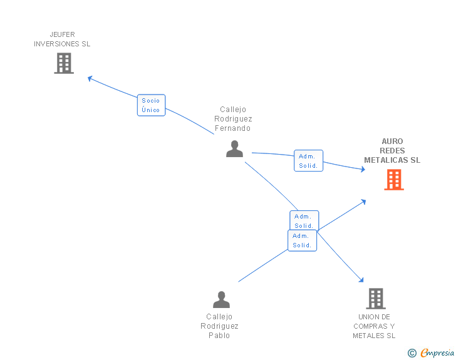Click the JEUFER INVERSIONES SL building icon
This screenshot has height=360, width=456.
coord(64,63)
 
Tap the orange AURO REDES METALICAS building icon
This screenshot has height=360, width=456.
coord(394,180)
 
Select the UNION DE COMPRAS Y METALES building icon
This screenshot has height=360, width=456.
coord(376,299)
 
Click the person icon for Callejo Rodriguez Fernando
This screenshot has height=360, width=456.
coord(234,149)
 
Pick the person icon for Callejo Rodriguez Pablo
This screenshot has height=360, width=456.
coord(221,299)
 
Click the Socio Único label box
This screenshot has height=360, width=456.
coord(151,105)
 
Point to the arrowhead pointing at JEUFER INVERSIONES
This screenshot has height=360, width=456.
coord(90,78)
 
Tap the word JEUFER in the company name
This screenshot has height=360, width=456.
coord(62,34)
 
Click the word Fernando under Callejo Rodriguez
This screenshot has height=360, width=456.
coord(232,128)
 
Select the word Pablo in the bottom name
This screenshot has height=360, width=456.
coord(219,336)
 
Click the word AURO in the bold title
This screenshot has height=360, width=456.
coord(392,141)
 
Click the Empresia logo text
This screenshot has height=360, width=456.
coord(437,353)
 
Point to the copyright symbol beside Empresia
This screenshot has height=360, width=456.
coord(412,353)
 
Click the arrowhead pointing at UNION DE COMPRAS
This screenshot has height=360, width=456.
coord(361,280)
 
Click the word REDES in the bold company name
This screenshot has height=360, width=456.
coord(392,151)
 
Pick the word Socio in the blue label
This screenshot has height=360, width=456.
coord(150,101)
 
